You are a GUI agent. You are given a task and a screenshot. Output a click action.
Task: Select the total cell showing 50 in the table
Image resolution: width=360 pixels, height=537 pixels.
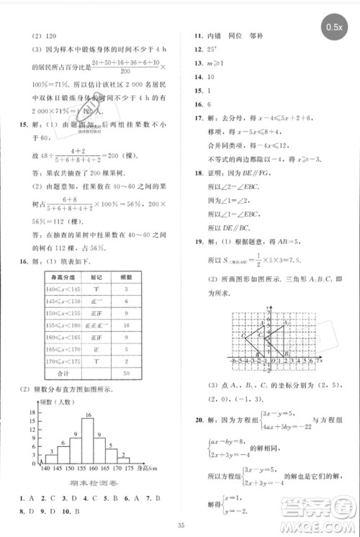coord(126,374)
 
